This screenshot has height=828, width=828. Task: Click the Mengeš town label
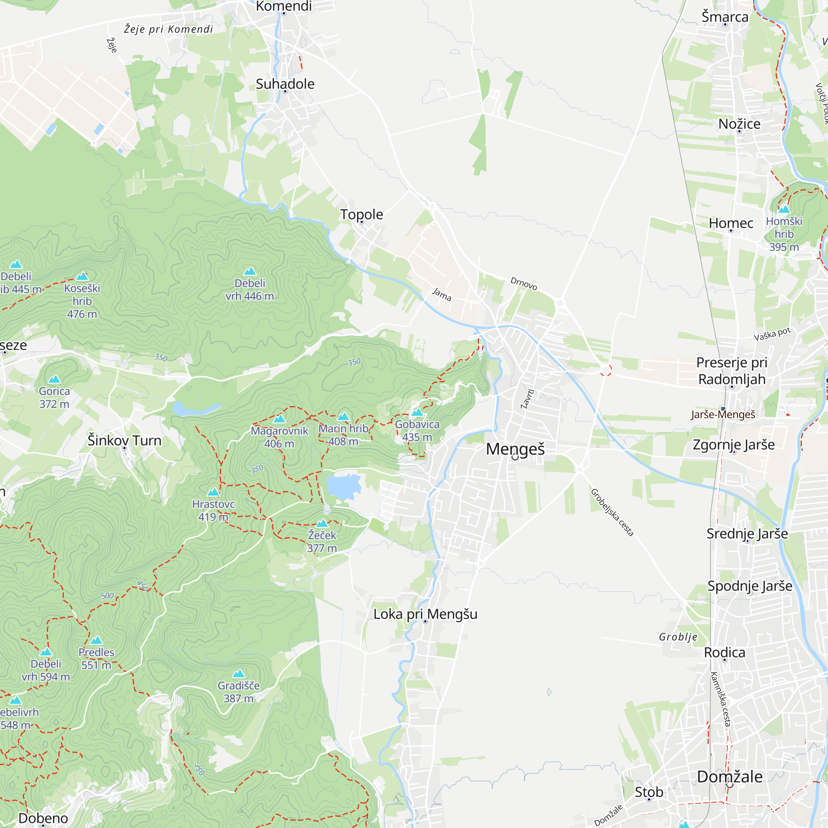pos(515,449)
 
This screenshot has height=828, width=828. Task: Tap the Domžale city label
pos(729,776)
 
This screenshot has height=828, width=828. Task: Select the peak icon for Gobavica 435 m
pos(417,412)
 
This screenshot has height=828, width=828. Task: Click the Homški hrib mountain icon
pos(784,209)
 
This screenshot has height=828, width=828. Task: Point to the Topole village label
pos(361,214)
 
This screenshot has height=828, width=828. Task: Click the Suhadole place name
pos(285,84)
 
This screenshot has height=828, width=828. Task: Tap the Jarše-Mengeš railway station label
pos(722,414)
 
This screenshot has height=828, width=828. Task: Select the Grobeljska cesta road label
pos(611,512)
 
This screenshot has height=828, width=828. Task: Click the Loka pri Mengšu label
pos(425,614)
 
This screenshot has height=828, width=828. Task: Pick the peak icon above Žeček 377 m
pos(322,523)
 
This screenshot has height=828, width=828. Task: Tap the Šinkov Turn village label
pos(124,440)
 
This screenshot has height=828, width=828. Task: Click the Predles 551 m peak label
pos(96,658)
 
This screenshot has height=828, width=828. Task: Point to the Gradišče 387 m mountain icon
pos(238,674)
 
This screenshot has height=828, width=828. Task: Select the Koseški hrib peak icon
pos(82,276)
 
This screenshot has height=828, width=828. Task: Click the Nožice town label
pos(739,124)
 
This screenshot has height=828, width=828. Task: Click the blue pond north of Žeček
pos(343,486)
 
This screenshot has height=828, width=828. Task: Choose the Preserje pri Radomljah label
pos(732,370)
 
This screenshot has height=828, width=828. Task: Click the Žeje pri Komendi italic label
pos(168,29)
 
